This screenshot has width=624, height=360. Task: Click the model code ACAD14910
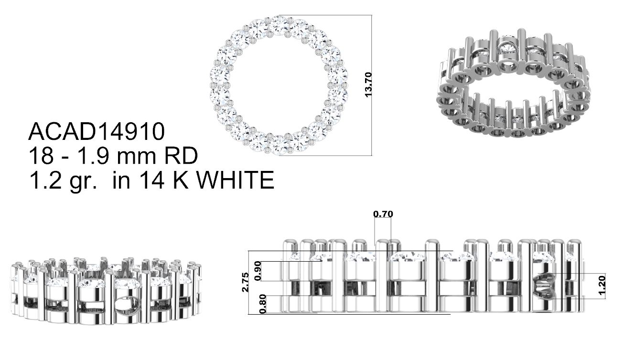97,131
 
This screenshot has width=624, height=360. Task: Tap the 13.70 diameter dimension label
368,85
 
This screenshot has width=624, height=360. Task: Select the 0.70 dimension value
383,214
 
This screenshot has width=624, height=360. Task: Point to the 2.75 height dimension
245,282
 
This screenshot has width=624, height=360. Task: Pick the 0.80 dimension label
262,304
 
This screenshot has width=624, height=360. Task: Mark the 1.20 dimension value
602,285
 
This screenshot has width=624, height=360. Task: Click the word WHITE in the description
236,180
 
